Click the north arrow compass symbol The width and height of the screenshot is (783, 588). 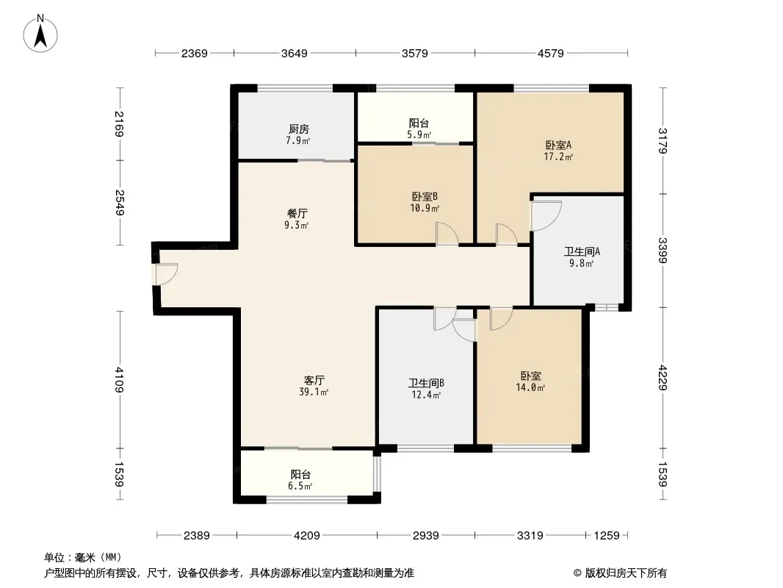point(40,33)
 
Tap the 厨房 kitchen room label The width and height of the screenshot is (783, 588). point(299,129)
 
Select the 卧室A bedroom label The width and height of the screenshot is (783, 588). point(558,145)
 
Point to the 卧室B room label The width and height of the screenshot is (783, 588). point(425,197)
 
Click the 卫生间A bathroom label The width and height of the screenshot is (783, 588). point(582,251)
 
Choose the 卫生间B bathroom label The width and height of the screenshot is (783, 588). point(426,383)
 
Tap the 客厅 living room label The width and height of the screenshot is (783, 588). point(314,380)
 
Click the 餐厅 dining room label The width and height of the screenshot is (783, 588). point(297,213)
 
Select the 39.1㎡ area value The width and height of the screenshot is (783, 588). point(314,392)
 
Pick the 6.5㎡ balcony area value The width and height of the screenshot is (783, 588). point(300,486)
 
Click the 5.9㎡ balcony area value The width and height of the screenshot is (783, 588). point(419,135)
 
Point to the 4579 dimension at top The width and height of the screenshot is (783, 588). point(550,53)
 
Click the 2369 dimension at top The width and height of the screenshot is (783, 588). point(194,53)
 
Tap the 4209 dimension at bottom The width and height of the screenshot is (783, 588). point(306,536)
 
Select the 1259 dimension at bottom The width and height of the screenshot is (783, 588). point(607,536)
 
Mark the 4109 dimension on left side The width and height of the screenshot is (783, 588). point(119,380)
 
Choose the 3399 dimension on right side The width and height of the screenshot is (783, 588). point(663,251)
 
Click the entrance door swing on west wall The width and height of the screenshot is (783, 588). point(167,273)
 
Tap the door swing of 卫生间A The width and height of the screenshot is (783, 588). point(546,216)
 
